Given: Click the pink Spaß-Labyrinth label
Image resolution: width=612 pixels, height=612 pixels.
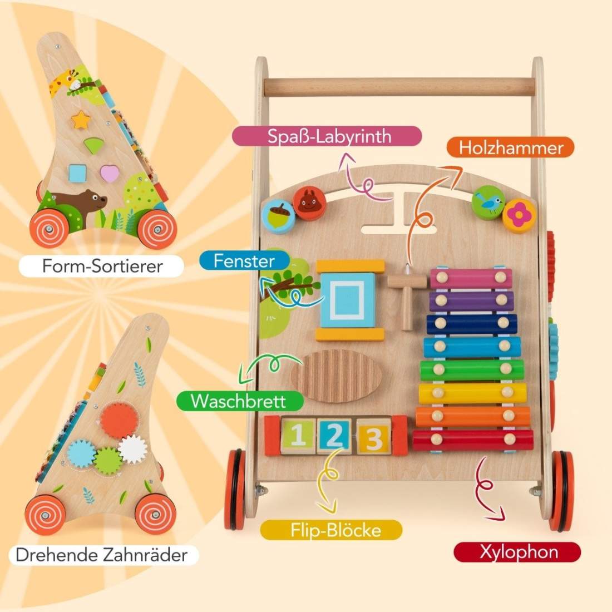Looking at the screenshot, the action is click(x=327, y=136).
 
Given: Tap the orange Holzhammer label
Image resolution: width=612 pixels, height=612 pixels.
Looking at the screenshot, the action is click(x=510, y=147).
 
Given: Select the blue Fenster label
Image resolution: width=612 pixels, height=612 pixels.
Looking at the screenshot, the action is click(x=244, y=261).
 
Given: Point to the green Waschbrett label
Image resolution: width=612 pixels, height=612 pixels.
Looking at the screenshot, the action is click(x=240, y=401).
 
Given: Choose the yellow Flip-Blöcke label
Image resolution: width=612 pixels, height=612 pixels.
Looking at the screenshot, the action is click(x=332, y=530).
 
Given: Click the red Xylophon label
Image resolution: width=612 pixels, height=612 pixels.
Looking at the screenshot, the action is click(x=517, y=552).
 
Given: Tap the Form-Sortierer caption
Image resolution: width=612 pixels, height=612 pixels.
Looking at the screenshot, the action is click(x=101, y=266).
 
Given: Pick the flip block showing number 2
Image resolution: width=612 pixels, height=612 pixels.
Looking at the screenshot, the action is click(x=333, y=435).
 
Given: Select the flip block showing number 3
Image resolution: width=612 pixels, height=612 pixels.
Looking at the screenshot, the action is click(x=373, y=436).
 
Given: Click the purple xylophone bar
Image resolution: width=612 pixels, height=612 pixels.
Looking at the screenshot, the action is click(x=471, y=300).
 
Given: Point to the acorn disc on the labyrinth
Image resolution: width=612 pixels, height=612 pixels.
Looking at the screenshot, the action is click(x=278, y=216).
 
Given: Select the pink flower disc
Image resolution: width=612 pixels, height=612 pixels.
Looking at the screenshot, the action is click(x=519, y=215).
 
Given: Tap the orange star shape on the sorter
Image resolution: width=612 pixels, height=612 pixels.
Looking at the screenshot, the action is click(x=81, y=120).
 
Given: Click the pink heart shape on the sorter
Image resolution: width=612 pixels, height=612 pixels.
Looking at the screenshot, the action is click(x=109, y=173).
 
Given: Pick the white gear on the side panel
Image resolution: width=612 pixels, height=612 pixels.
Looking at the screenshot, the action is click(x=133, y=449).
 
